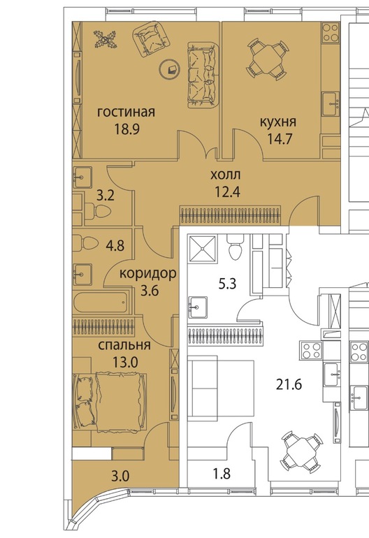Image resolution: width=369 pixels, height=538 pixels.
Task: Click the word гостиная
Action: tap(126, 112)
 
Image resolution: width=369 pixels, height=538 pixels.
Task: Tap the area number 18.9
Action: tap(126, 129)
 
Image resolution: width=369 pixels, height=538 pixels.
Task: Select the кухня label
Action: tap(278, 122)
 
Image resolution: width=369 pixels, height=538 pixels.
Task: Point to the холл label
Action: tap(226, 175)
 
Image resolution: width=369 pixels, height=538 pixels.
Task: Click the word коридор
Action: tap(148, 273)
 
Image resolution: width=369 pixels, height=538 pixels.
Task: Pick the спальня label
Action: tap(124, 345)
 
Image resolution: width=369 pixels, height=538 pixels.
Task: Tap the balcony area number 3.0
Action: tap(121, 476)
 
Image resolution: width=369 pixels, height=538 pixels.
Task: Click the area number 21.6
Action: tap(289, 384)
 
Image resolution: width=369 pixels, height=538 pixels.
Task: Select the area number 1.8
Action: tap(222, 474)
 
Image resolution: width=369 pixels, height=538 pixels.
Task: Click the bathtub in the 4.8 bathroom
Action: tap(101, 303)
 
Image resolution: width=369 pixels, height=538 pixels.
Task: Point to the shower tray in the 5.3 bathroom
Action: tap(202, 249)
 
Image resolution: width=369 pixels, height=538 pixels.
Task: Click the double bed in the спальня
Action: tap(110, 402)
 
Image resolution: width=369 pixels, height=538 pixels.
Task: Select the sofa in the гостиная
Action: tap(203, 75)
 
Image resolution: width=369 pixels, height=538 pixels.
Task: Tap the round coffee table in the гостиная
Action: tap(170, 69)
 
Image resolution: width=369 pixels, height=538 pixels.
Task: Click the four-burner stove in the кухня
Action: tap(331, 32)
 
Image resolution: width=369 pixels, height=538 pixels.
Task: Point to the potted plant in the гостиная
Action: tap(105, 38)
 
